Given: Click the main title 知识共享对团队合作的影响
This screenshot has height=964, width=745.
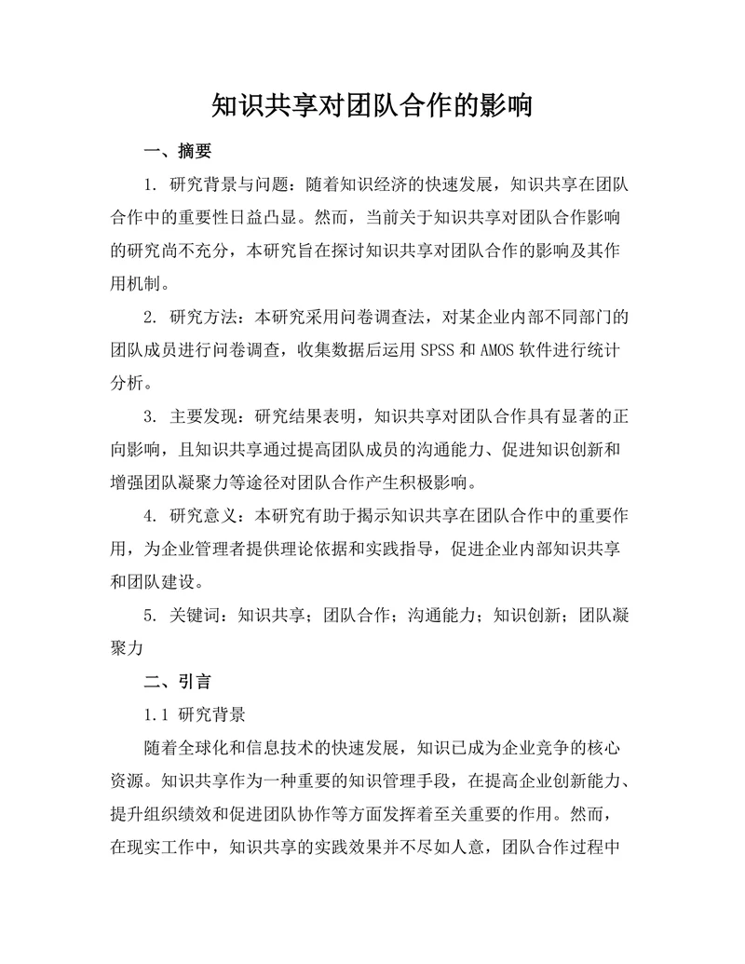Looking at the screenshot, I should pos(372,104).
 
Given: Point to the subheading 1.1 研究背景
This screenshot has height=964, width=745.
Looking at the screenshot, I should pos(195,715).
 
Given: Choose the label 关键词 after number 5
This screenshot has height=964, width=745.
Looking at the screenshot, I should pos(195,615).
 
